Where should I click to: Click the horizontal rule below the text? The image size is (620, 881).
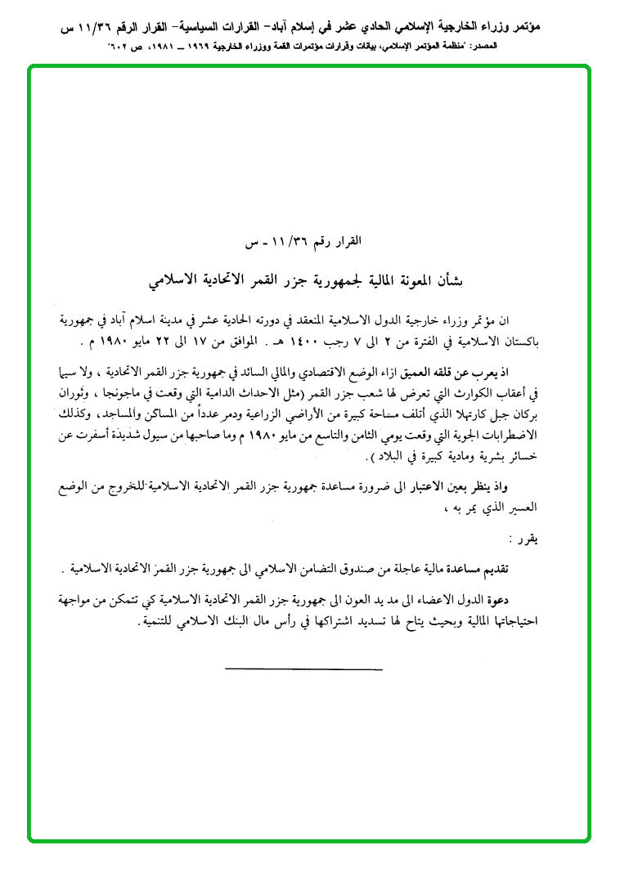coord(303,669)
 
